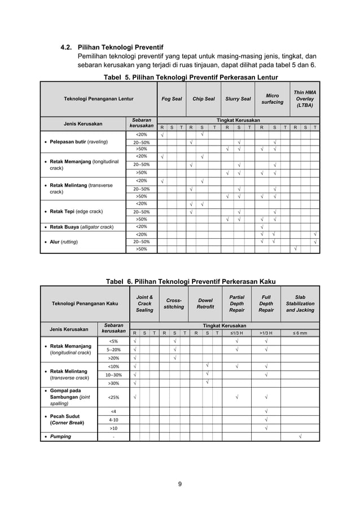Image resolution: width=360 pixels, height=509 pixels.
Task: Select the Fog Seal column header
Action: pyautogui.click(x=172, y=99)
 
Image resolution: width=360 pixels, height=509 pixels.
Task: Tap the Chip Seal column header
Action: pyautogui.click(x=203, y=99)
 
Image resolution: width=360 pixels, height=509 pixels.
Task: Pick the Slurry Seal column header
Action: pyautogui.click(x=238, y=99)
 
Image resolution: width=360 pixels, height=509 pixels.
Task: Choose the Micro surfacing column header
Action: pyautogui.click(x=273, y=99)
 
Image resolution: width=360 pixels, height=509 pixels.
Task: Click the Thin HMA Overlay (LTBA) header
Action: pyautogui.click(x=305, y=99)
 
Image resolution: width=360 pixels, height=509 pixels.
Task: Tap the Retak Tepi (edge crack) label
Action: pyautogui.click(x=76, y=212)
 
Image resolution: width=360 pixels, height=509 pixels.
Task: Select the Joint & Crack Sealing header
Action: pyautogui.click(x=144, y=304)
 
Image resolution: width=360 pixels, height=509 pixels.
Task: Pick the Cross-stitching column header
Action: pyautogui.click(x=174, y=304)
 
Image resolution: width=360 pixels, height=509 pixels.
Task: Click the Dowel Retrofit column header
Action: pyautogui.click(x=205, y=304)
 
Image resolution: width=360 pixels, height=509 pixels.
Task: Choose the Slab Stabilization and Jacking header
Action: pyautogui.click(x=300, y=304)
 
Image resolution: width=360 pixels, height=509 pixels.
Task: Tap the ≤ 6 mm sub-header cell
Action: pyautogui.click(x=300, y=333)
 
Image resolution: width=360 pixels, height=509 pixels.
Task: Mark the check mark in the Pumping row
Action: pyautogui.click(x=300, y=436)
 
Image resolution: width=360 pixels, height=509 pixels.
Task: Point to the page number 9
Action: pyautogui.click(x=180, y=483)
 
